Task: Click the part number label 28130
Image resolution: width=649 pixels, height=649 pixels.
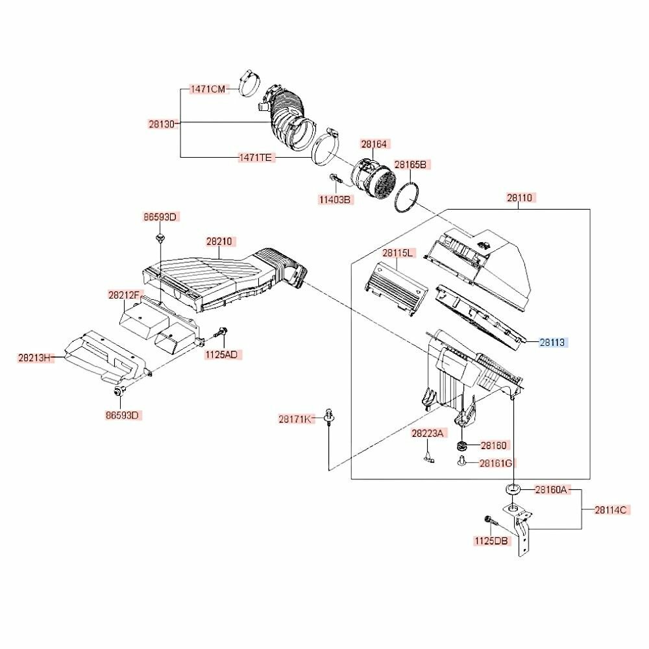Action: pos(162,124)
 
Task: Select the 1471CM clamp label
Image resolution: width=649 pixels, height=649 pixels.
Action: pos(208,89)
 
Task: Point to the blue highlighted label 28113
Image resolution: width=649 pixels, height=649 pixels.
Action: pos(552,342)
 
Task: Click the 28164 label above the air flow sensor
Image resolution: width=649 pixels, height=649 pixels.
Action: pos(374,144)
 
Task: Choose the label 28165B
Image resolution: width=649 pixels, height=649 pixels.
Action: pos(410,164)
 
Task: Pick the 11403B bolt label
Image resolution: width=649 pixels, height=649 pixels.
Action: pos(334,200)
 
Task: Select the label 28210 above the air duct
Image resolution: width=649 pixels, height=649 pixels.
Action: pos(219,241)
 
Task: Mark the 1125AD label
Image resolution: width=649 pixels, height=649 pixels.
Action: pos(221,355)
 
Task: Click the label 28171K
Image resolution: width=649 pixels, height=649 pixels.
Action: pos(294,419)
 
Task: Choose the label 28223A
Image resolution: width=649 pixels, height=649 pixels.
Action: pos(427,433)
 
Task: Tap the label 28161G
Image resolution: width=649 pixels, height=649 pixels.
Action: pos(496,463)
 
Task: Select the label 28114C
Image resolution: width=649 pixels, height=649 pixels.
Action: pos(611,510)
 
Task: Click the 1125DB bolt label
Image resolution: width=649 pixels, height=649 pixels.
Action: pos(491,541)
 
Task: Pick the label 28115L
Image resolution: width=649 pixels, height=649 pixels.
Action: pos(397,252)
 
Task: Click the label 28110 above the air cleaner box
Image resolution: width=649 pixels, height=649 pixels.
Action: pos(519,197)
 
